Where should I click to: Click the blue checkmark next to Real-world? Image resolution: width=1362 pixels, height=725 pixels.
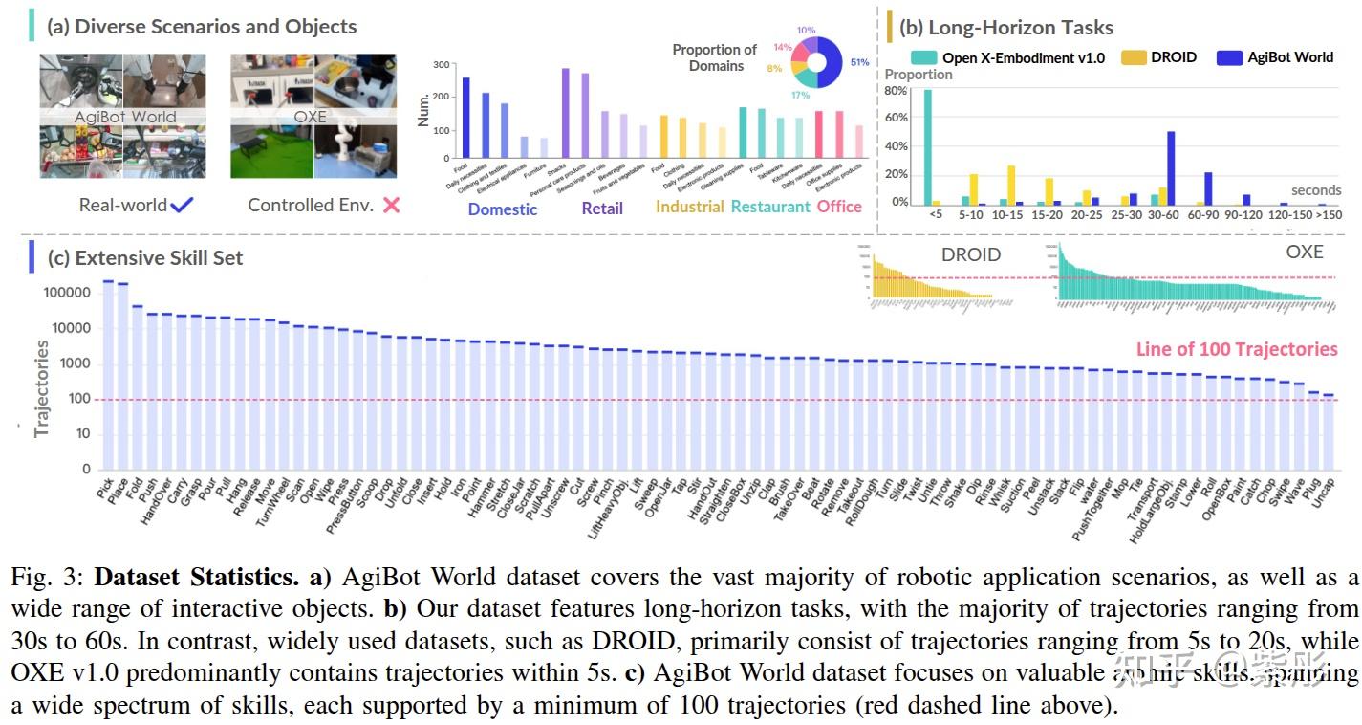point(181,205)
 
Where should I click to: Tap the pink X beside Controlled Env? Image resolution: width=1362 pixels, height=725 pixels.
point(390,205)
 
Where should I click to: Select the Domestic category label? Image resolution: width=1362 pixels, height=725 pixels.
point(503,209)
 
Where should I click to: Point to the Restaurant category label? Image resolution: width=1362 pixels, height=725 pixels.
point(770,207)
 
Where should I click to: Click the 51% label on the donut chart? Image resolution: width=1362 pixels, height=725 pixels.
point(860,63)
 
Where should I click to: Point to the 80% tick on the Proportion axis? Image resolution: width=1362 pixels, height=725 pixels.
point(896,91)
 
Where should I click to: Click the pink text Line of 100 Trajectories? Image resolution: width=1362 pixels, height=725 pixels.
point(1236,350)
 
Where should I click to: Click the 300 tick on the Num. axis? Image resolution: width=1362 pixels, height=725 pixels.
point(441,65)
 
